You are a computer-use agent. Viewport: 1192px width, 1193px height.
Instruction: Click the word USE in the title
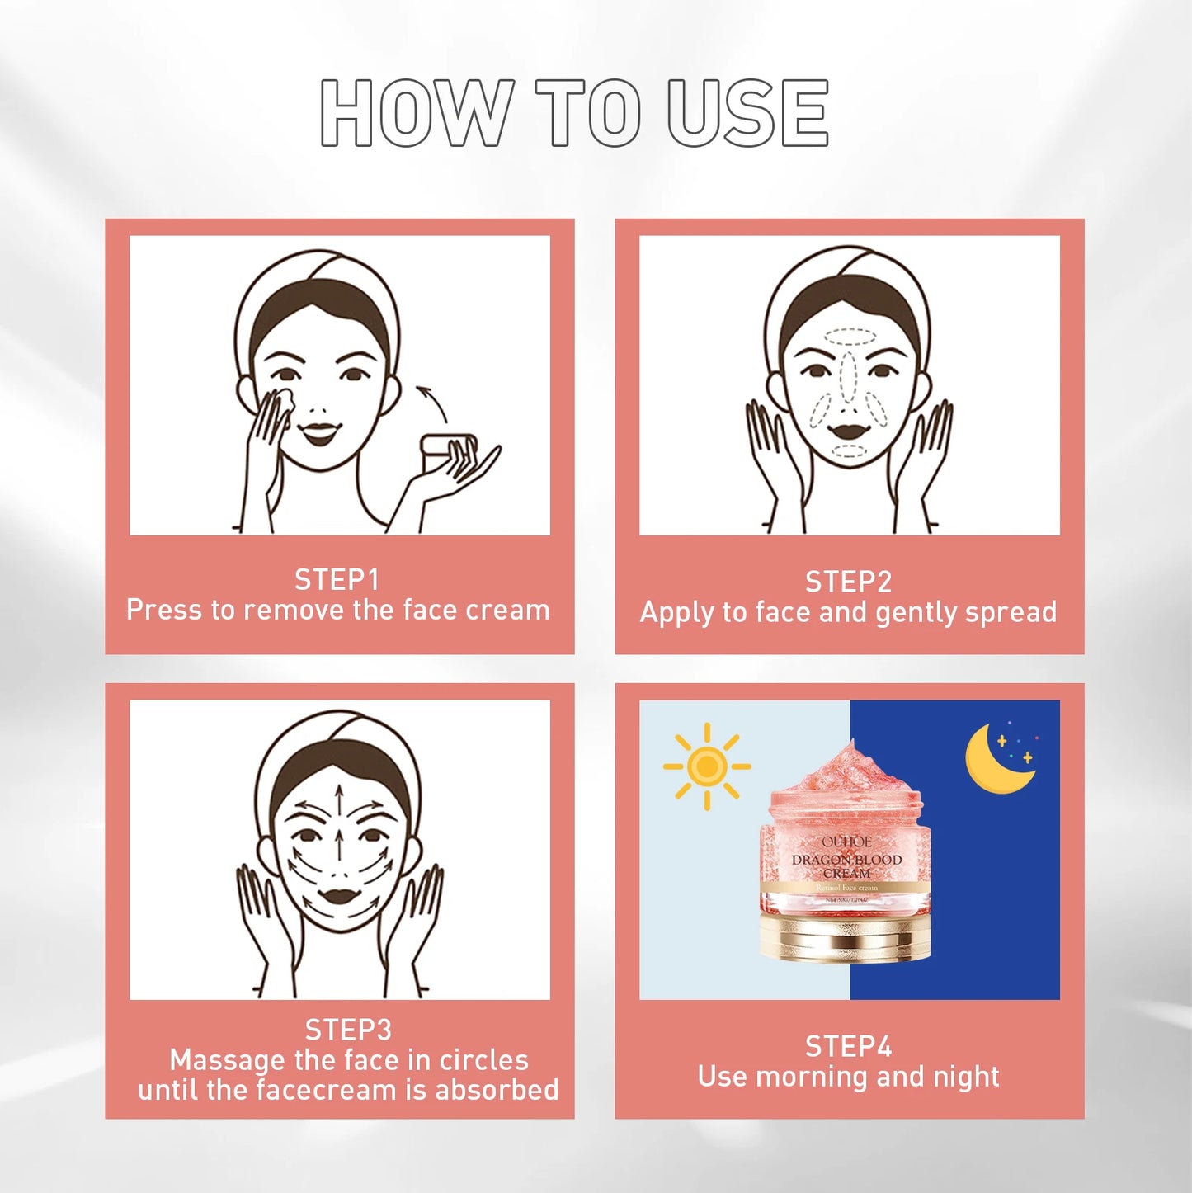[x=747, y=113]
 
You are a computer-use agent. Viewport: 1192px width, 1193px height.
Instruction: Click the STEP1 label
[x=337, y=580]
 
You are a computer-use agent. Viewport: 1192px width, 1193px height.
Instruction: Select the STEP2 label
[x=848, y=582]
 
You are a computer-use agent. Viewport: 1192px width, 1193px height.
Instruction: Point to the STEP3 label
[x=348, y=1030]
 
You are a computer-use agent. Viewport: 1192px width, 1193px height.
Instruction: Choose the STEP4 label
[x=848, y=1046]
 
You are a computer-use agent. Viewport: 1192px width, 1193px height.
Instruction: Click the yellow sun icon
[x=707, y=766]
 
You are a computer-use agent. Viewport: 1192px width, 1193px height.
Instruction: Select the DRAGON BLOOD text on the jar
[x=846, y=860]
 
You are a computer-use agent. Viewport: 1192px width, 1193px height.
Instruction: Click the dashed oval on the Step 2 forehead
[x=849, y=337]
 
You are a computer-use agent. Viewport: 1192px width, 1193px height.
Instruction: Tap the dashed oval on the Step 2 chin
[x=848, y=451]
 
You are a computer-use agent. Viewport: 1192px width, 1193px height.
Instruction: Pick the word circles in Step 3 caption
[x=483, y=1059]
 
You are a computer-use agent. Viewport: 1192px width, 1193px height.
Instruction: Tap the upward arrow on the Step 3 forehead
[x=339, y=797]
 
